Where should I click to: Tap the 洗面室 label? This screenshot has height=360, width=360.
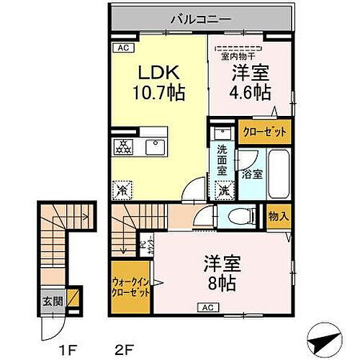[x=222, y=160]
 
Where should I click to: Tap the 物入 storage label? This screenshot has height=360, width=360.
[x=279, y=217]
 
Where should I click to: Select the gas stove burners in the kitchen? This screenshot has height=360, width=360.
[x=122, y=148]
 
